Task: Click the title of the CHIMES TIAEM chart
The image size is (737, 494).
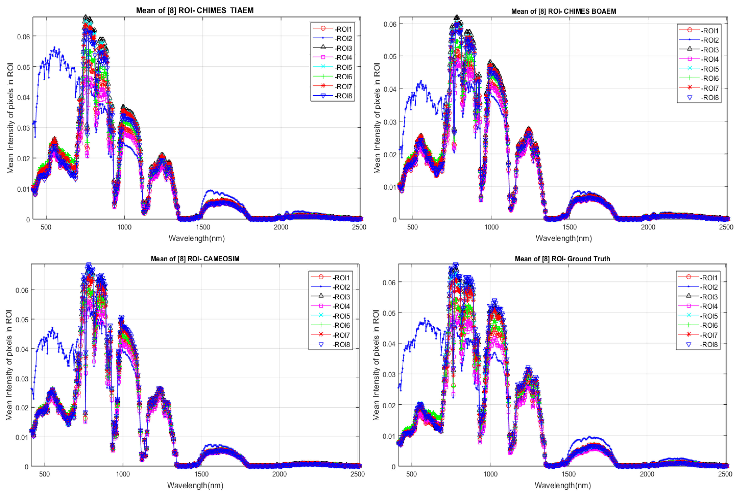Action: [195, 10]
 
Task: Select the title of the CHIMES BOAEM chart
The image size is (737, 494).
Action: [563, 11]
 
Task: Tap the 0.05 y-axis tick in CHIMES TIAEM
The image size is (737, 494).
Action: [24, 67]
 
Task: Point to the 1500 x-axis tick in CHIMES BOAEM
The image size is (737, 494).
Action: [569, 227]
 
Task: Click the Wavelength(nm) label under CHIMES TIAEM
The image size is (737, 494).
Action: [197, 238]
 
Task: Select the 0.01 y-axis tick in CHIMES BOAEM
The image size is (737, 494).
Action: [390, 187]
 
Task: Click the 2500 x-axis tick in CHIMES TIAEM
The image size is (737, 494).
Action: [359, 227]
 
